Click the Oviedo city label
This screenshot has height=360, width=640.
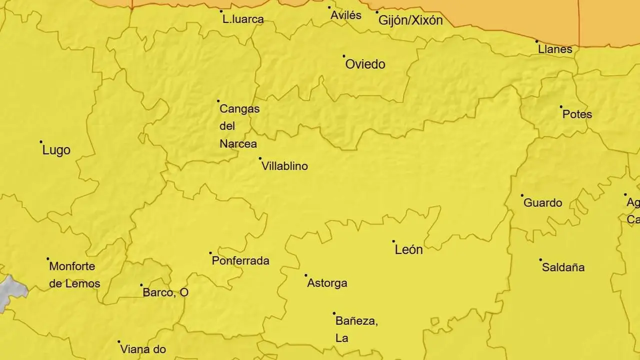(x=365, y=64)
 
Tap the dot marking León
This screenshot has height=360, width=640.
(x=393, y=241)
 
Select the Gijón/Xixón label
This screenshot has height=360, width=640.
(x=410, y=21)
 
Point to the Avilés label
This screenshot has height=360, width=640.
(x=346, y=15)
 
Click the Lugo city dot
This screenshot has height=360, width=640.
(x=41, y=142)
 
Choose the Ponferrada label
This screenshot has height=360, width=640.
(x=240, y=261)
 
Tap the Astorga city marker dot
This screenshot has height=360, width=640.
(x=306, y=275)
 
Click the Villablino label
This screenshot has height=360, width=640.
(x=284, y=166)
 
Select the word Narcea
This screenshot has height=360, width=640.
(x=238, y=144)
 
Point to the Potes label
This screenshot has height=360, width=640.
(x=577, y=114)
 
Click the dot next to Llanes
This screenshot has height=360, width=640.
(x=537, y=41)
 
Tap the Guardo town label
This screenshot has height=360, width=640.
(x=542, y=203)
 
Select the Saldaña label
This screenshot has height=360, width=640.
(x=563, y=267)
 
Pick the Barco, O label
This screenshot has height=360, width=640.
(x=165, y=292)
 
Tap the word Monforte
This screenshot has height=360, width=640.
(x=72, y=266)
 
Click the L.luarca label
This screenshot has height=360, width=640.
(x=243, y=20)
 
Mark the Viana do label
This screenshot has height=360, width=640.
(x=143, y=349)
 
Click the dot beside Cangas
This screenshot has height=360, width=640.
(x=218, y=101)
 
